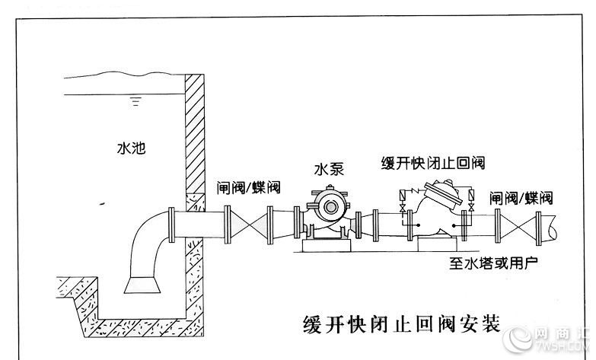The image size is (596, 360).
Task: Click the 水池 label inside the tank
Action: point(131,148)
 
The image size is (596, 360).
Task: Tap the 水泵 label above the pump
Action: point(329,170)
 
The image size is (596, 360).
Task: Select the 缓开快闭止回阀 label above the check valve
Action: point(433,163)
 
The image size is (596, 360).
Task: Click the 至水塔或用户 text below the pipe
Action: point(493,263)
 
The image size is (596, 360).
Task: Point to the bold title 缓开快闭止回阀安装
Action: point(401,324)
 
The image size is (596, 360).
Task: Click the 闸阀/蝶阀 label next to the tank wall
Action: point(249,187)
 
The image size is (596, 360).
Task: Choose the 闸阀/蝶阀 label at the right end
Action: point(521,198)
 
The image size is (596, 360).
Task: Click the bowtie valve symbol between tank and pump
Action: point(249,225)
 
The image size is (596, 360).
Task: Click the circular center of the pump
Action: point(330,207)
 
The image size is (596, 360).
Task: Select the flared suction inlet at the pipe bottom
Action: point(142,285)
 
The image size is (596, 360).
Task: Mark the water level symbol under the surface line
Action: point(135,101)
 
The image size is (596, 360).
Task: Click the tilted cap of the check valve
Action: point(443,195)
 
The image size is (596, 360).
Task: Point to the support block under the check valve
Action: point(437,244)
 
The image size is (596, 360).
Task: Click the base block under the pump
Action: point(327,245)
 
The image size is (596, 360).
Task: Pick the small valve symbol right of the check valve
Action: point(471,208)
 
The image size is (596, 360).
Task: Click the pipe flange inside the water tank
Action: point(171,225)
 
